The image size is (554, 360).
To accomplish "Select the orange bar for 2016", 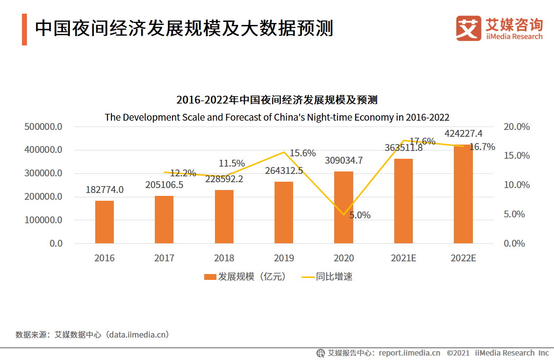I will (105, 222).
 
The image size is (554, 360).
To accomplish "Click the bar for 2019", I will (284, 212).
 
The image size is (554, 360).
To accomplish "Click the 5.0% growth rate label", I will (360, 215).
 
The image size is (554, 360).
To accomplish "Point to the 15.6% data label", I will (302, 153).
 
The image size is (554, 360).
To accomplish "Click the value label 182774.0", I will (105, 190).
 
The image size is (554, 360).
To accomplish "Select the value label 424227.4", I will (463, 133).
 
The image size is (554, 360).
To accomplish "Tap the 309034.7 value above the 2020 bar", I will (343, 160).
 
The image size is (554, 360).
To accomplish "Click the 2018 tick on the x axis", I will (224, 258).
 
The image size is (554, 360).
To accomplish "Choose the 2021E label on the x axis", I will (403, 258).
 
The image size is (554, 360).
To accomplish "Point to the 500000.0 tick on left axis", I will (43, 127).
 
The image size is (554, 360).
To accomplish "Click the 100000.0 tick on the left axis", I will (43, 220).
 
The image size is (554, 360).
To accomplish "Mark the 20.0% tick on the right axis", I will (516, 127).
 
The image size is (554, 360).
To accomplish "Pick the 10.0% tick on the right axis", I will (516, 185).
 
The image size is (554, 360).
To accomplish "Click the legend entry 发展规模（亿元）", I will (244, 276).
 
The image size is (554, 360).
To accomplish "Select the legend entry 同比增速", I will (327, 276).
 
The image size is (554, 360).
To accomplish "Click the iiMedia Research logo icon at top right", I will (469, 28).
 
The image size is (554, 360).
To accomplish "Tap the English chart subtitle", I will (277, 117).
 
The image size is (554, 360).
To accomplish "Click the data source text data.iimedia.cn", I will (139, 335).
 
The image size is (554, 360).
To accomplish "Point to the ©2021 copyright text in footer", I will (458, 353).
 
